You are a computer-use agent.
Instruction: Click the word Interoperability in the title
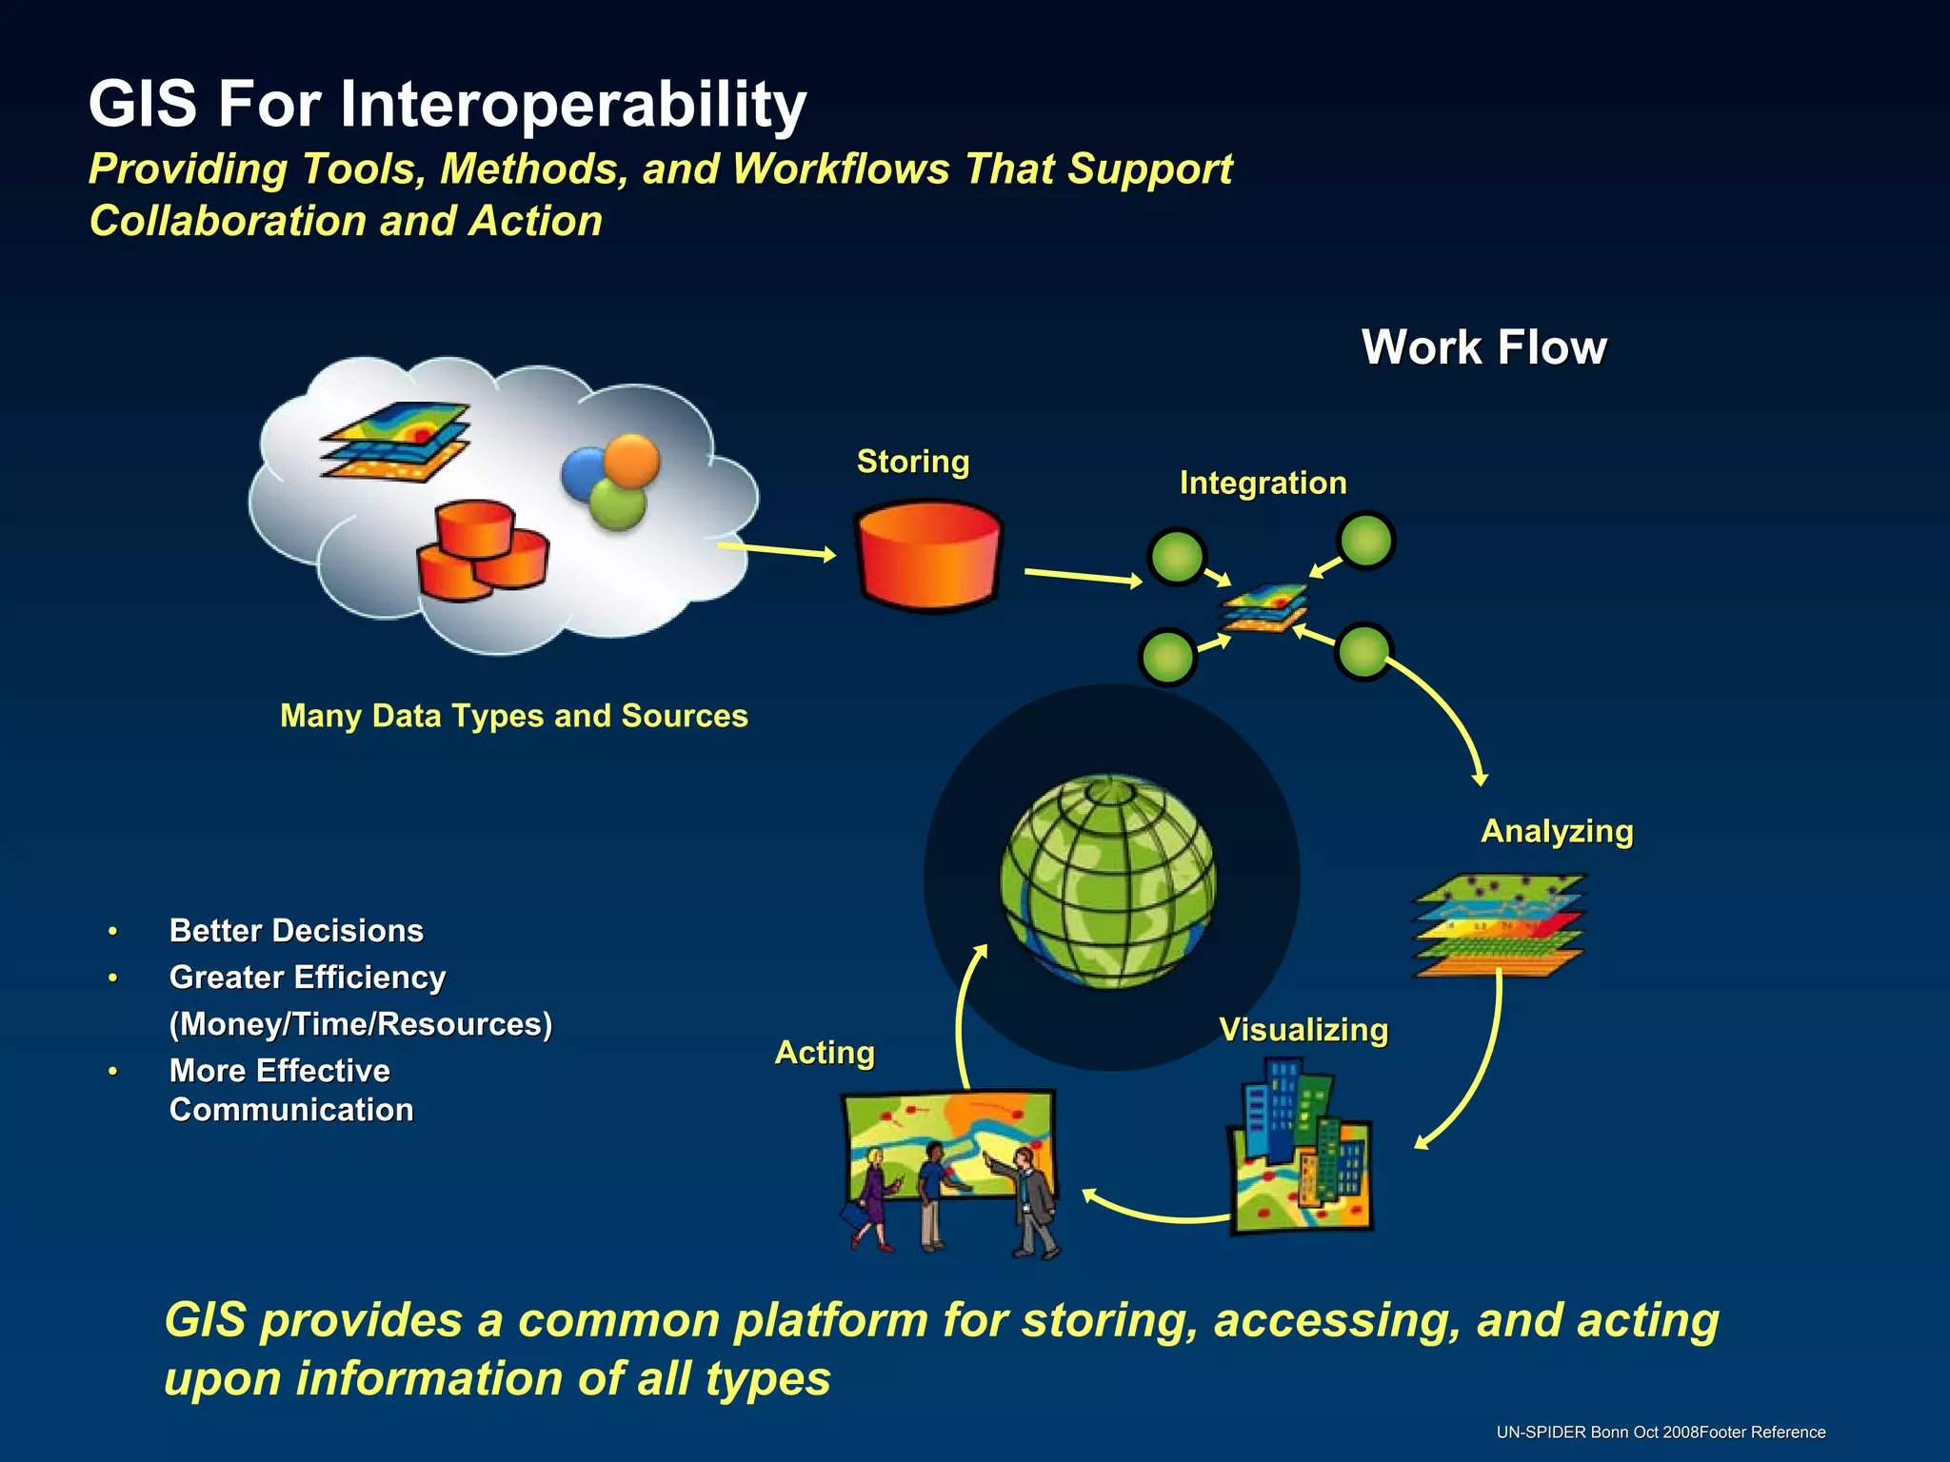tap(573, 105)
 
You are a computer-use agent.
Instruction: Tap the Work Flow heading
tap(1483, 347)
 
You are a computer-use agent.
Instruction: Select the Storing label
tap(912, 462)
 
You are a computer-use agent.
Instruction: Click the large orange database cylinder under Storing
tap(928, 557)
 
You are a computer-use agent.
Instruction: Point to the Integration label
tap(1263, 484)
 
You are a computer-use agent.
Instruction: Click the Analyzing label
tap(1557, 832)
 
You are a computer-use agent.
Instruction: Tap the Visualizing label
tap(1303, 1031)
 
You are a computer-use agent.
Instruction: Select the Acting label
tap(825, 1054)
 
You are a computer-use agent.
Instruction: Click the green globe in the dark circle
tap(1107, 881)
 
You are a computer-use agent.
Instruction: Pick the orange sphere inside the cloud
tap(631, 461)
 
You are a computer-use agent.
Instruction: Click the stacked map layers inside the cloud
tap(396, 442)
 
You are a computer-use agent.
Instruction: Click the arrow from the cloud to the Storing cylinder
tap(776, 550)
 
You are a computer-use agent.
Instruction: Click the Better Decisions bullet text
tap(296, 931)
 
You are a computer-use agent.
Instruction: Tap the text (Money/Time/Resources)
tap(360, 1024)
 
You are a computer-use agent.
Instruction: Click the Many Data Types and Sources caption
tap(514, 716)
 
